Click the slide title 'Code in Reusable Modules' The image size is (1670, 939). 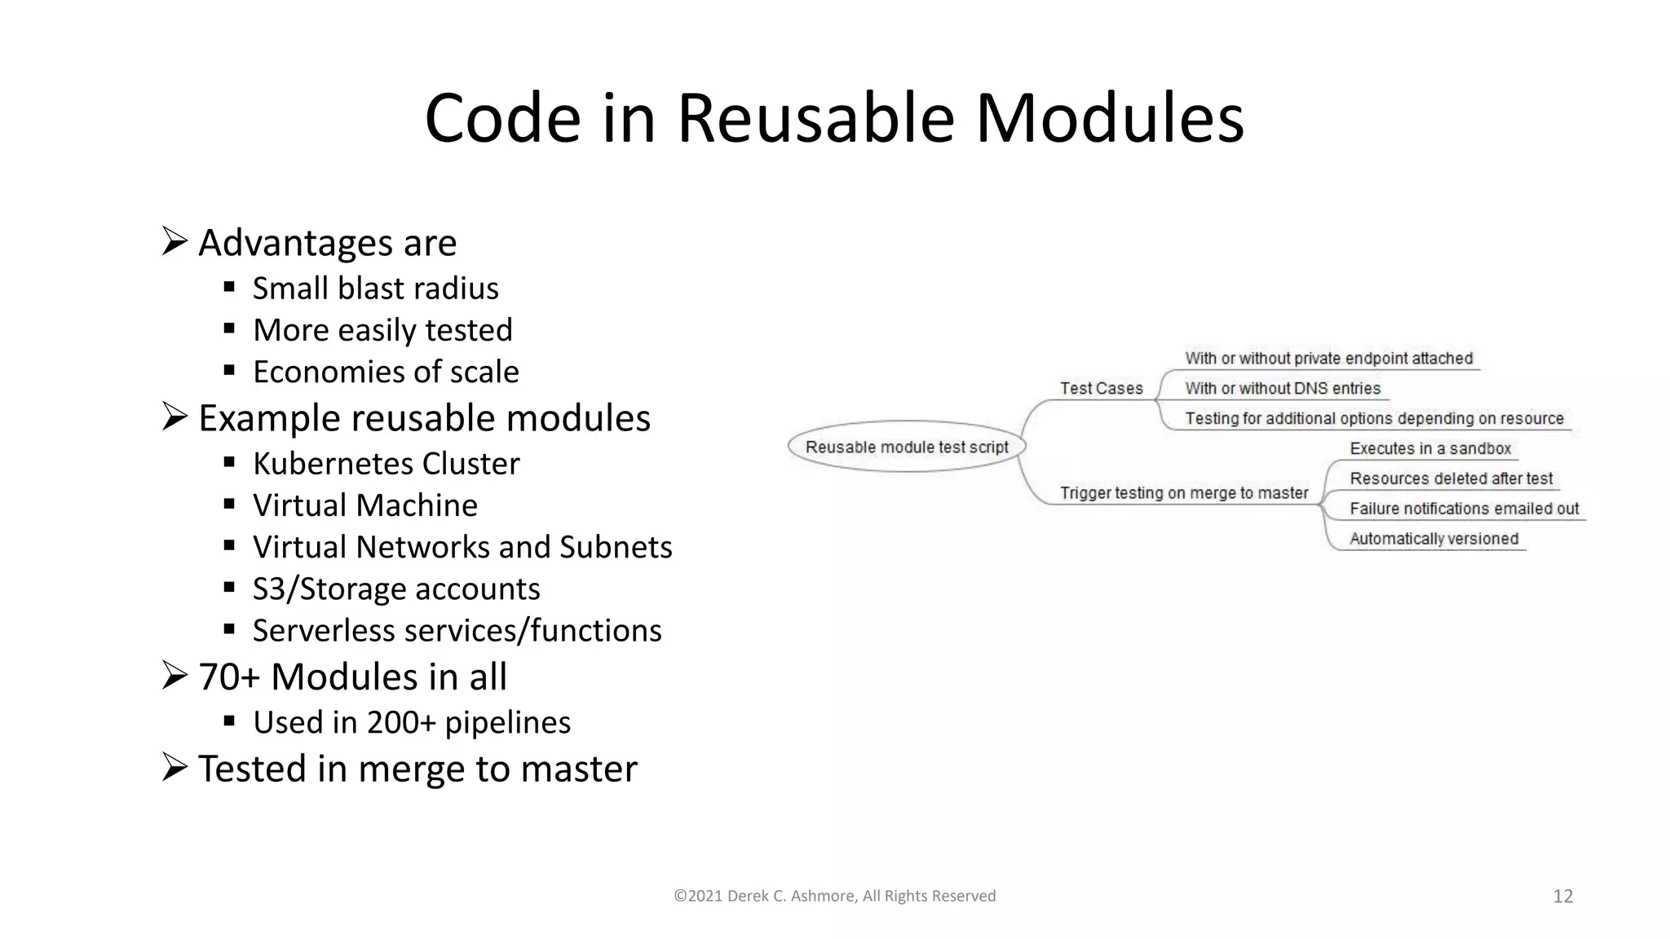pos(834,119)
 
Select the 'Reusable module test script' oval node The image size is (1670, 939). pos(907,447)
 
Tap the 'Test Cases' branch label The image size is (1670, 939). pos(1101,389)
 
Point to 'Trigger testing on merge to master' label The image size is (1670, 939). pos(1183,493)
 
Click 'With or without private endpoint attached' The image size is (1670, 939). pos(1328,359)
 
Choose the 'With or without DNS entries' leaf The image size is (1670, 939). pos(1282,389)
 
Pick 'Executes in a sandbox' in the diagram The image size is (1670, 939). pos(1429,449)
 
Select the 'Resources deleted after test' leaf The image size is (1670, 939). pos(1451,479)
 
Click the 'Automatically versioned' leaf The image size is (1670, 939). pos(1434,539)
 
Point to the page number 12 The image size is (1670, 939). pos(1562,897)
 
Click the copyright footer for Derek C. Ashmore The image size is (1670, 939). pos(834,897)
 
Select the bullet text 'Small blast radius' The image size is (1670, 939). pos(375,289)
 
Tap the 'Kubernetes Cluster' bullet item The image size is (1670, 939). pos(386,464)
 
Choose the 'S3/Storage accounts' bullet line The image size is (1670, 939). pos(396,589)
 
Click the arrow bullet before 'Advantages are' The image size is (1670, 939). pos(175,241)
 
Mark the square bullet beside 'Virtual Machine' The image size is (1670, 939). pos(229,504)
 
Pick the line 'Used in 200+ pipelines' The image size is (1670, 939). pos(412,723)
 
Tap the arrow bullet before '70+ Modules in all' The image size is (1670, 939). pos(175,675)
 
